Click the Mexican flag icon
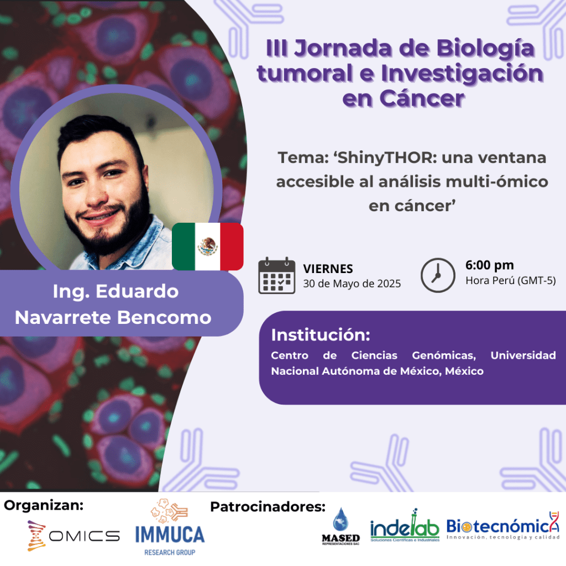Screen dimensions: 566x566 point(208,247)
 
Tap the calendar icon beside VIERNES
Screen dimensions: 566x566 point(277,275)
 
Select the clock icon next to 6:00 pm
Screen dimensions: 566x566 point(438,275)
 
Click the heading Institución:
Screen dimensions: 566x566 point(321,335)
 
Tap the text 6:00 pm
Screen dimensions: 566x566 point(490,265)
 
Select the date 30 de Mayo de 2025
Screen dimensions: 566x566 point(352,284)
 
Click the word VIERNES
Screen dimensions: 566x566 point(328,269)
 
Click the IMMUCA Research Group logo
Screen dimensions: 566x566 point(170,527)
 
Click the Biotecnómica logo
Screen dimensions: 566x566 point(503,526)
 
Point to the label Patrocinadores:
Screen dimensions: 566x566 point(268,507)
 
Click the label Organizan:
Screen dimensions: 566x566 point(44,505)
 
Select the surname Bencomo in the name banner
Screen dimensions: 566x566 point(164,318)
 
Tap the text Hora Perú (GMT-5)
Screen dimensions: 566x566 point(510,280)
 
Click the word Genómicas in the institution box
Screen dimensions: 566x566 point(444,355)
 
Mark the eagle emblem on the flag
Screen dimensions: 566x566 point(208,247)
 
